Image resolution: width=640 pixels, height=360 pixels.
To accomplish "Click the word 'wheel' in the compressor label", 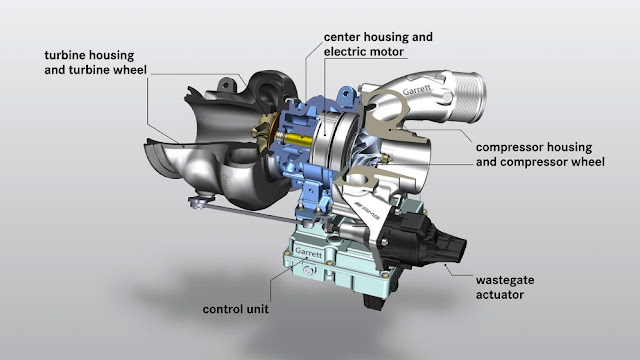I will pos(584,160).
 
